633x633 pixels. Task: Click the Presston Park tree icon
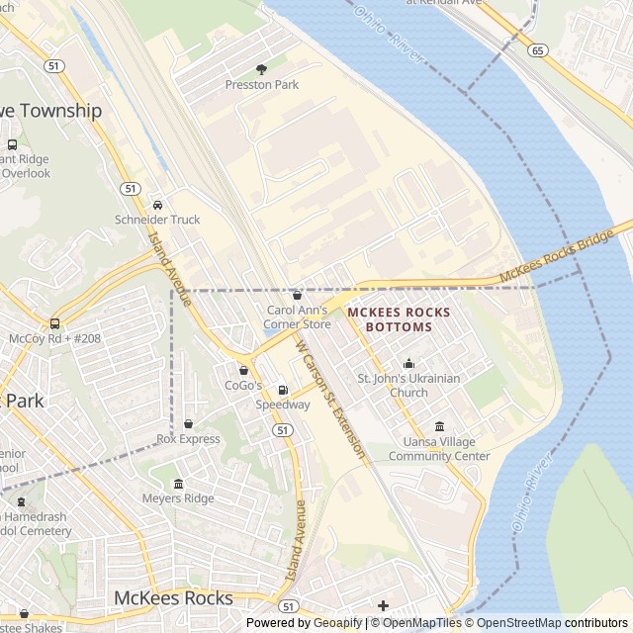[x=262, y=69]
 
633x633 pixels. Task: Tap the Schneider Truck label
[x=157, y=220]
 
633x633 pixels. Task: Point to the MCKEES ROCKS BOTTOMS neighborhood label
[x=399, y=318]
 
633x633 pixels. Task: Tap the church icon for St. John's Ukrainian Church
[x=409, y=364]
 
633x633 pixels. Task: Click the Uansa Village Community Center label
[x=438, y=449]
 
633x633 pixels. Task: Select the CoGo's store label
[x=243, y=385]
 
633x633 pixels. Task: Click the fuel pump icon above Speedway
[x=283, y=391]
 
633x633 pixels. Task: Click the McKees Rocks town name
[x=173, y=597]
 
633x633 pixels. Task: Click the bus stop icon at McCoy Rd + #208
[x=54, y=323]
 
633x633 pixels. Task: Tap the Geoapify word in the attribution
[x=336, y=623]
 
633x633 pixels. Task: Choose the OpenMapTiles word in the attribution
[x=422, y=623]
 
